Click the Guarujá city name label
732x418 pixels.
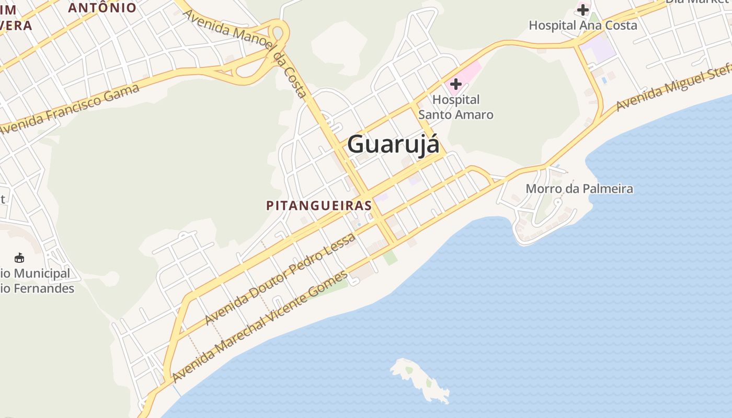tap(393, 144)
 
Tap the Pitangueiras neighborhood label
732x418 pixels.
tap(319, 205)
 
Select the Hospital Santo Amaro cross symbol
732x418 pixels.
tap(455, 84)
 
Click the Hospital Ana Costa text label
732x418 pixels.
tap(583, 25)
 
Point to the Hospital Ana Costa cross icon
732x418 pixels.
tap(583, 9)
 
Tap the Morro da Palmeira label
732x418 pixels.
tap(579, 189)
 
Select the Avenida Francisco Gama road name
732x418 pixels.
tap(71, 108)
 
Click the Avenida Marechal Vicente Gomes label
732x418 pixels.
tap(259, 326)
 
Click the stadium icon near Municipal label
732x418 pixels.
tap(19, 258)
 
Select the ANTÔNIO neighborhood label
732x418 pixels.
tap(102, 8)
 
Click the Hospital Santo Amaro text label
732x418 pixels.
tap(456, 107)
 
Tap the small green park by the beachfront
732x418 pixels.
tap(390, 257)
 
